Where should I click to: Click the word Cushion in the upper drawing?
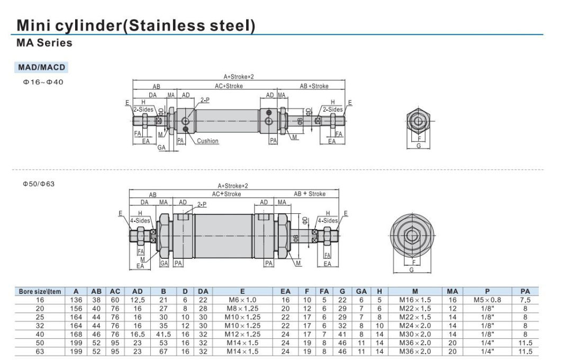tap(207, 141)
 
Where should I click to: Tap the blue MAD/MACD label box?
tap(41, 67)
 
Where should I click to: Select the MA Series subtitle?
tap(44, 43)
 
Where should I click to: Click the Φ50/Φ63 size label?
tap(39, 184)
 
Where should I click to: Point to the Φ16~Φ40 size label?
tap(43, 82)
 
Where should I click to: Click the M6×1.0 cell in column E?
tap(242, 300)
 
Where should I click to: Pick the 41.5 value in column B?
tap(164, 334)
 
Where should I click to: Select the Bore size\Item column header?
tap(40, 291)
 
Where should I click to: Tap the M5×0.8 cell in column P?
tap(487, 300)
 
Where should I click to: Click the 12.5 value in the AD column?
tap(138, 300)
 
